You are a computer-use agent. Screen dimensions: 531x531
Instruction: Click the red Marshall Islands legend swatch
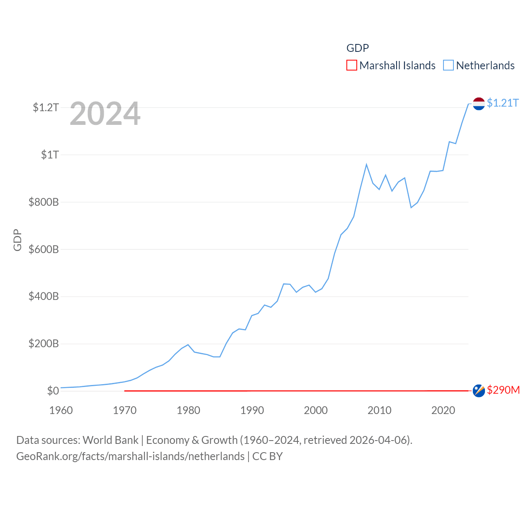coord(351,65)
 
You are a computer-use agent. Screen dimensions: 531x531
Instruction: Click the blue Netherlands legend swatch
coord(448,65)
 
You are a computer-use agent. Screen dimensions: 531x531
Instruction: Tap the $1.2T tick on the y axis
coord(46,107)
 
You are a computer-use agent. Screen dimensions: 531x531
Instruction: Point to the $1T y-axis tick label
coord(50,155)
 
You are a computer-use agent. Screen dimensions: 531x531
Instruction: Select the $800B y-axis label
coord(44,202)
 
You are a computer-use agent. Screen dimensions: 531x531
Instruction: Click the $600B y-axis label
coord(44,249)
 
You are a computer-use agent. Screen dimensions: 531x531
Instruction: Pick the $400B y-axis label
coord(44,296)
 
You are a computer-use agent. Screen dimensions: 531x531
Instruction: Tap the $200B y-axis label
coord(44,343)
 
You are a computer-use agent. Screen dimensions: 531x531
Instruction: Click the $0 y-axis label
coord(53,391)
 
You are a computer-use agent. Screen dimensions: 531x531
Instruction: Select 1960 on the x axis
coord(61,410)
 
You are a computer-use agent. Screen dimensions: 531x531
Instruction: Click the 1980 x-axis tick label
coord(188,410)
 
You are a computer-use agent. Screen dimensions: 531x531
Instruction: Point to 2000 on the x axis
coord(316,410)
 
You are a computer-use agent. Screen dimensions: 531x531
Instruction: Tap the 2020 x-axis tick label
coord(443,410)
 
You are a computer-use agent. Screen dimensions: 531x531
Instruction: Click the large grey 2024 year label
coord(105,114)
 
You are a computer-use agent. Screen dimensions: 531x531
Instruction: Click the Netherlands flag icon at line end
coord(479,103)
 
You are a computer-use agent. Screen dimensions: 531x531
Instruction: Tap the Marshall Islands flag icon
coord(479,390)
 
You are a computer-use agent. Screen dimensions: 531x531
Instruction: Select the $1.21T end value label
coord(503,103)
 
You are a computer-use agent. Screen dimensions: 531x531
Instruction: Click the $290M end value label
coord(503,390)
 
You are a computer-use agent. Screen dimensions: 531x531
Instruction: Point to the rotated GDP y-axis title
coord(17,240)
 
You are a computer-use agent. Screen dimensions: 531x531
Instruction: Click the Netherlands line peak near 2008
coord(366,165)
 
